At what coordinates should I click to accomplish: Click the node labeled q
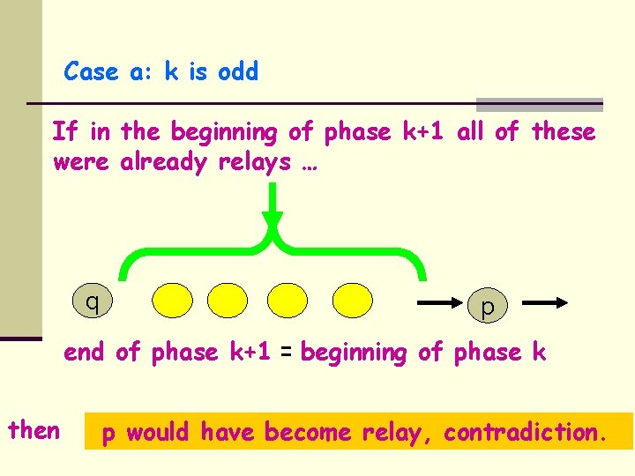coord(91,301)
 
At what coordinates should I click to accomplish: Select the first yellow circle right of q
coord(173,300)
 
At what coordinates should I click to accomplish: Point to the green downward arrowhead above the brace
coord(273,220)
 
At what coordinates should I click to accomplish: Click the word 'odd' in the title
coord(237,72)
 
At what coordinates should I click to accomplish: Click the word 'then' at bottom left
coord(34,430)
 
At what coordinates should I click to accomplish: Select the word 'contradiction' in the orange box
coord(524,433)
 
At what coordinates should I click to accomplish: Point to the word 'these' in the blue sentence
coord(563,132)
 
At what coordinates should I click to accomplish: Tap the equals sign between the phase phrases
coord(285,353)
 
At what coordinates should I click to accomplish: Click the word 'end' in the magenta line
coord(84,353)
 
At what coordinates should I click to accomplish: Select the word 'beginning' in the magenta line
coord(355,353)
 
